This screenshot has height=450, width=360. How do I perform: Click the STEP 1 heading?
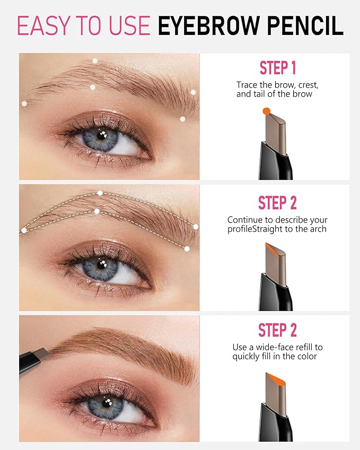pos(277,68)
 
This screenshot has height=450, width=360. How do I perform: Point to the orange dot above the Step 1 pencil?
pos(267,110)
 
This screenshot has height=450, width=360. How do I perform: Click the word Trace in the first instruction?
pos(247,85)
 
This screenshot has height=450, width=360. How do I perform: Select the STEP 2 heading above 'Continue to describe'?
pos(277,203)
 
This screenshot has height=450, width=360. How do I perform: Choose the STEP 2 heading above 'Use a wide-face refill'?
pos(277,330)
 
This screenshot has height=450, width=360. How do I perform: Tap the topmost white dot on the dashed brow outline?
pos(100,192)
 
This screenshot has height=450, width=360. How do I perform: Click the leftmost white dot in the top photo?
pos(24,104)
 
